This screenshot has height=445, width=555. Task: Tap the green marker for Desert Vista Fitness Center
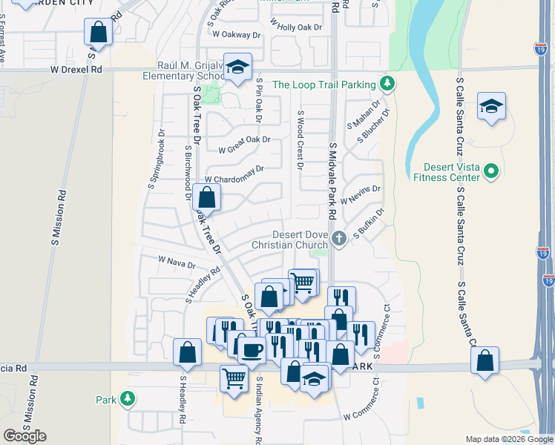click(490, 172)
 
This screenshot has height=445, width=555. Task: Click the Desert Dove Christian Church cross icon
click(338, 238)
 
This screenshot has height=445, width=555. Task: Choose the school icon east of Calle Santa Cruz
click(491, 106)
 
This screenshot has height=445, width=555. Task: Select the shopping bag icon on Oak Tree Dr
click(206, 198)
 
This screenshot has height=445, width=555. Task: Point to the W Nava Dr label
click(177, 261)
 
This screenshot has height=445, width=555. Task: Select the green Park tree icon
click(128, 399)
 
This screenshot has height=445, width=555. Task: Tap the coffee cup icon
click(252, 349)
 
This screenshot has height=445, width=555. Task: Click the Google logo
click(24, 436)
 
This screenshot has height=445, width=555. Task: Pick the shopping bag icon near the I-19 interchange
click(485, 361)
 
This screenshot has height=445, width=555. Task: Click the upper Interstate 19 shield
click(541, 50)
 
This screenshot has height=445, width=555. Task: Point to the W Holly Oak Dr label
click(298, 27)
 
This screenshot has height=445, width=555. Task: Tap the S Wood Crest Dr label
click(301, 141)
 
